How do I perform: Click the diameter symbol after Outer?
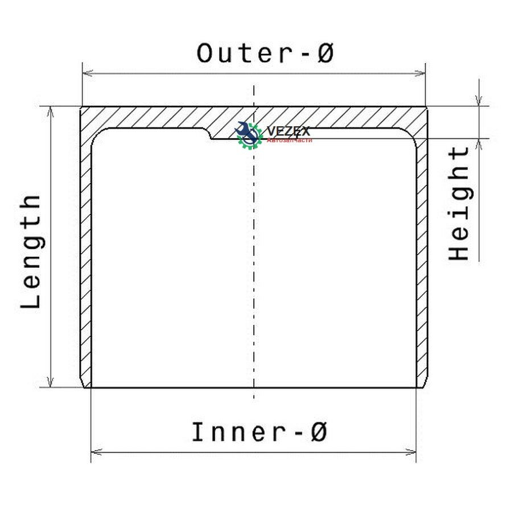click(325, 53)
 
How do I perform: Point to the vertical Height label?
click(458, 203)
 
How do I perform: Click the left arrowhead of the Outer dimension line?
click(88, 73)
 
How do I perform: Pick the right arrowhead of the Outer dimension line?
click(420, 73)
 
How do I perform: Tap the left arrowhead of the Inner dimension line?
click(96, 452)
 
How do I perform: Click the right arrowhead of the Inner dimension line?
click(410, 452)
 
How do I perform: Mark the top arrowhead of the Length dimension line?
click(50, 112)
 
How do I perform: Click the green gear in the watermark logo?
click(250, 136)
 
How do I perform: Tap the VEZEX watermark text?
click(288, 131)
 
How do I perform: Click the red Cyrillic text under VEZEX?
click(290, 141)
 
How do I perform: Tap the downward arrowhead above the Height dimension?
click(479, 100)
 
